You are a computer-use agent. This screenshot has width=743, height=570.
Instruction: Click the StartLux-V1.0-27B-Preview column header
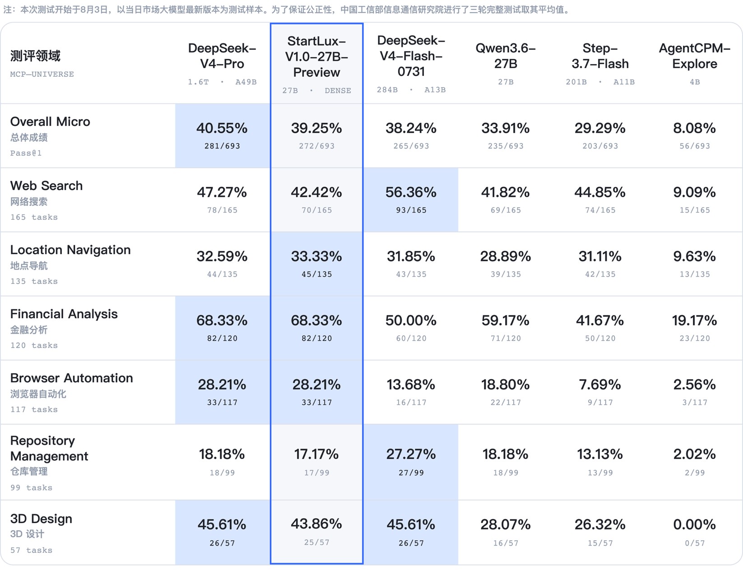pos(316,56)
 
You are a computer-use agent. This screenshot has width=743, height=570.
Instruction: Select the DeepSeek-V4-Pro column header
pos(222,56)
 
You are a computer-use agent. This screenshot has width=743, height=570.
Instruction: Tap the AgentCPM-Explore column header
pos(694,56)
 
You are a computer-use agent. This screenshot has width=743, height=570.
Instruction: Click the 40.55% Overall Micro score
pos(222,128)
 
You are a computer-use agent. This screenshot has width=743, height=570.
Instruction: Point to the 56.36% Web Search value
pos(411,192)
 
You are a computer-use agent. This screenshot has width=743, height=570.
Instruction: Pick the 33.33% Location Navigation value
pos(316,256)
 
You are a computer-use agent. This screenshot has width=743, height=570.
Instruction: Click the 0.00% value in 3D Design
pos(694,524)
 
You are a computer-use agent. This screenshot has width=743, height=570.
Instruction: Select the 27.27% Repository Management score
pos(411,454)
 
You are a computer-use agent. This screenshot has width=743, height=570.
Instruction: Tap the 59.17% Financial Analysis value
pos(506,320)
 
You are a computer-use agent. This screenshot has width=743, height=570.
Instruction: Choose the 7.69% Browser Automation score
pos(600,385)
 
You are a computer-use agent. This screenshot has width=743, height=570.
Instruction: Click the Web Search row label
pos(46,185)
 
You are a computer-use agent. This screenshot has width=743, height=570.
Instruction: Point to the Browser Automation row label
pos(71,378)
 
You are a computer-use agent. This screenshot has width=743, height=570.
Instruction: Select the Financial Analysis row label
pos(64,314)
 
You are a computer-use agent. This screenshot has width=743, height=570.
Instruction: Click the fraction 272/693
pos(316,146)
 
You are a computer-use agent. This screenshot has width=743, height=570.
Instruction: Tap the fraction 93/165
pos(411,210)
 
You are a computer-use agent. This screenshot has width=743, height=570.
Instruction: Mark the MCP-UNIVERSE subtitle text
pos(42,74)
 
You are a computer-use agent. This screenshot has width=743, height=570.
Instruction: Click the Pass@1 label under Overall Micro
pos(26,153)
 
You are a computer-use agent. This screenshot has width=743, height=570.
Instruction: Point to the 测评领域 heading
pos(35,56)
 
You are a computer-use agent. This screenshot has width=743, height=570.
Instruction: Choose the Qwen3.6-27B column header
pos(506,56)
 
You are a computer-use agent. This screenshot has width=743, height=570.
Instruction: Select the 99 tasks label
pos(31,487)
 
